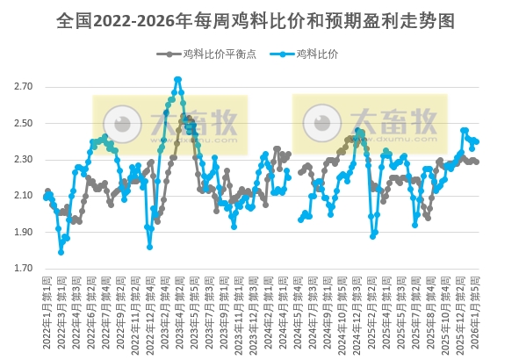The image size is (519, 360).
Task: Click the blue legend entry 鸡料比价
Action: (x=317, y=54)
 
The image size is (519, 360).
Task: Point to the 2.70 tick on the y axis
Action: (x=24, y=87)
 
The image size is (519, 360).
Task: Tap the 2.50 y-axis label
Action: (x=24, y=123)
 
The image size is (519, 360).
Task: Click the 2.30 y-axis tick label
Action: (x=24, y=160)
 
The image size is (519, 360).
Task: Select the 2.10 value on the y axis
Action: (x=24, y=196)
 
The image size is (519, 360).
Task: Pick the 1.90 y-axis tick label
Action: (x=24, y=232)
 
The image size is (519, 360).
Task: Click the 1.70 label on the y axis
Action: (x=24, y=269)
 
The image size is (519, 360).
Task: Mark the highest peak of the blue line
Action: (x=177, y=79)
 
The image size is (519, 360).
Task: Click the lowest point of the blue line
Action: (x=61, y=252)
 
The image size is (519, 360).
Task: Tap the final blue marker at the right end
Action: (x=476, y=141)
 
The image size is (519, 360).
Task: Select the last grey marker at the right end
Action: (x=476, y=162)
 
